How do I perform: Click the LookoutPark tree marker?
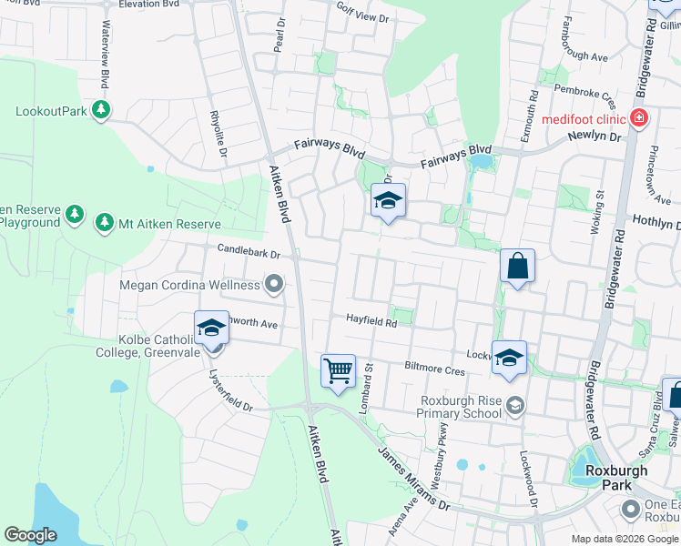101,111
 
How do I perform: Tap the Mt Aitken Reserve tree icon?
105,223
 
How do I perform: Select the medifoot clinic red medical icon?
639,119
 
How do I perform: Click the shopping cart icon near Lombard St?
338,370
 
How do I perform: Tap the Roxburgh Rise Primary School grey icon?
515,405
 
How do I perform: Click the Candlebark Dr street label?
248,248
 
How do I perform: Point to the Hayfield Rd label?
371,320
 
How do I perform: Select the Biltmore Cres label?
435,369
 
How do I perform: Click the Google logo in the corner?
30,535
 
